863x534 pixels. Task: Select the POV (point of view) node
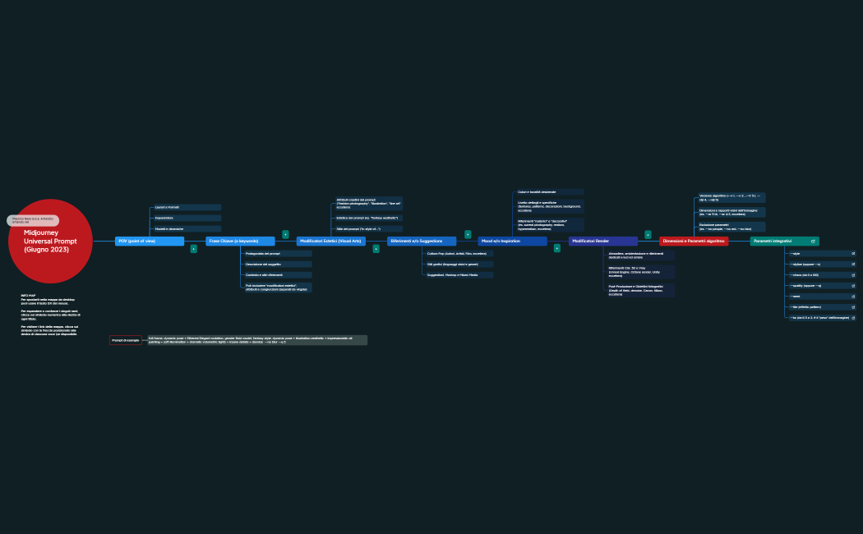[149, 242]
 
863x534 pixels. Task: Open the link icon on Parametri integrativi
[813, 242]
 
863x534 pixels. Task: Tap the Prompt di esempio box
[126, 340]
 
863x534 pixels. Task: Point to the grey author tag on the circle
[33, 220]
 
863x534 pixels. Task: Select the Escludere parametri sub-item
[731, 227]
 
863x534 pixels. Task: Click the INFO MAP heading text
[29, 295]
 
